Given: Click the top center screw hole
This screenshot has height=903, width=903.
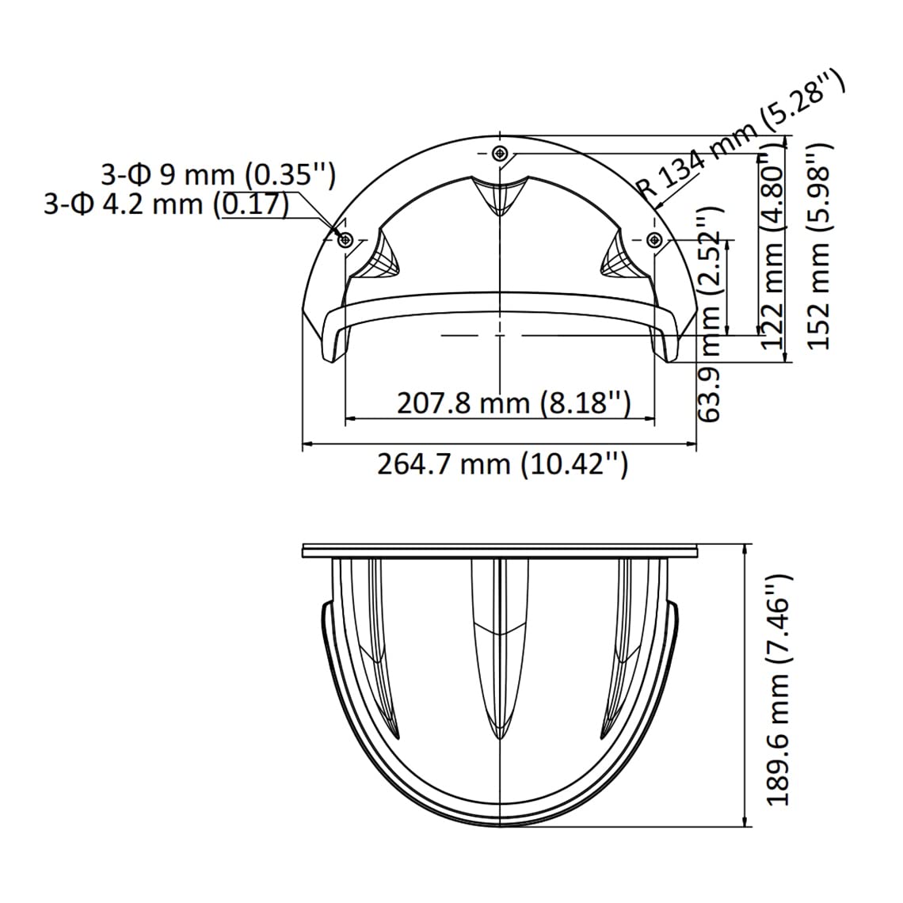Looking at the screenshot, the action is tap(499, 153).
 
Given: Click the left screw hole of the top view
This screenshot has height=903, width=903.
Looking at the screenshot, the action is tap(345, 239).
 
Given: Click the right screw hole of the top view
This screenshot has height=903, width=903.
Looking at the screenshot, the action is tap(654, 239).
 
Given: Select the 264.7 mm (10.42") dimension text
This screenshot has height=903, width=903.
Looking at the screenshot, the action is tap(502, 464).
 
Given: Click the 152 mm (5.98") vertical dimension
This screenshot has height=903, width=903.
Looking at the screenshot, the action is tap(820, 246).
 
